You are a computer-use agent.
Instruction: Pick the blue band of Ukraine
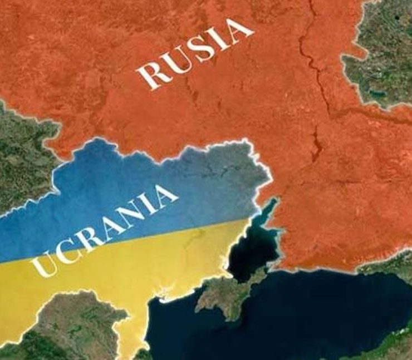[x=139, y=172]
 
